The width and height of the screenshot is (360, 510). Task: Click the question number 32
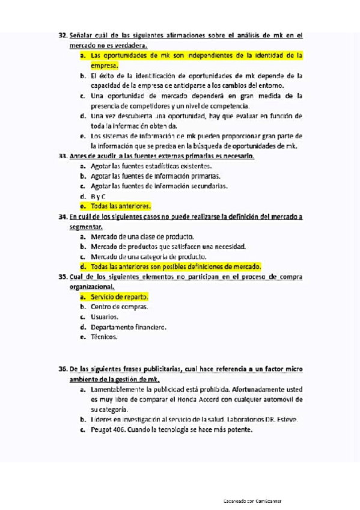click(x=63, y=35)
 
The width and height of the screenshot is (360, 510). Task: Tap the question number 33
click(x=63, y=156)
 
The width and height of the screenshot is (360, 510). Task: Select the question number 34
click(x=63, y=217)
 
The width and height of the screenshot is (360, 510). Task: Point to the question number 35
click(x=63, y=277)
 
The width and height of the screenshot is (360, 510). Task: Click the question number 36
click(x=63, y=369)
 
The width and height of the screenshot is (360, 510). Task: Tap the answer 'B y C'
click(x=98, y=196)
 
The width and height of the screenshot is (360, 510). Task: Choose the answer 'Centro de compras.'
click(x=118, y=307)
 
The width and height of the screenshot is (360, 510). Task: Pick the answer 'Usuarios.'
click(x=105, y=317)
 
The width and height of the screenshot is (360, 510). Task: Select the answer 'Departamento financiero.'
click(x=128, y=327)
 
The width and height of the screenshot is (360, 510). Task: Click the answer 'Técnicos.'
click(x=105, y=337)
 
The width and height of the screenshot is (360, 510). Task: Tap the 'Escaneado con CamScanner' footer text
click(x=252, y=501)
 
